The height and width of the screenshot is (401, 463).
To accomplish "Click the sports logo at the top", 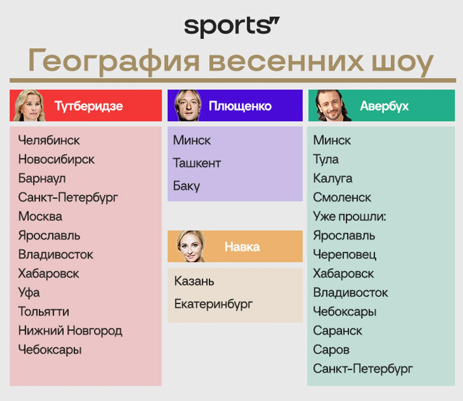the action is (232, 27).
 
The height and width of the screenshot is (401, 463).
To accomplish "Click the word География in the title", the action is (114, 62).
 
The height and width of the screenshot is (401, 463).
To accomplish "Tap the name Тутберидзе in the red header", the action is (88, 106).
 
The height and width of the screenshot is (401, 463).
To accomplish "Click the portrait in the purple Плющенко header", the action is (188, 105).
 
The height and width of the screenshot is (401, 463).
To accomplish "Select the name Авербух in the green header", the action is (384, 106).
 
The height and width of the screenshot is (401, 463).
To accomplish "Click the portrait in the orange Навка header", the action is (191, 246).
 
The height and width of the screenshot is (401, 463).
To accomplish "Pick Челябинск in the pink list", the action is (49, 140).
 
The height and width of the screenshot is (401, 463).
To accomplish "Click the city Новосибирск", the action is (56, 159).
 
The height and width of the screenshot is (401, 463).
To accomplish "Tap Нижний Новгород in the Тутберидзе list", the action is (70, 331).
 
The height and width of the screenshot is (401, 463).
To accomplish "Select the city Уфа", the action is (29, 293).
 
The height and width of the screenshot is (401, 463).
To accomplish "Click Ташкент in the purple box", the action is (197, 163).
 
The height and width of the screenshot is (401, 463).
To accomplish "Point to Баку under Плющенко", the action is (186, 186).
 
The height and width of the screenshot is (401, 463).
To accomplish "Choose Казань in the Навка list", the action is (194, 281).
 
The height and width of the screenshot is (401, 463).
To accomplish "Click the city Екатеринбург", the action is (213, 304).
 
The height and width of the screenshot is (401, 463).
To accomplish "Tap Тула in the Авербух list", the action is (326, 160).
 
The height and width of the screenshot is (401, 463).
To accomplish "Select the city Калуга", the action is (333, 179).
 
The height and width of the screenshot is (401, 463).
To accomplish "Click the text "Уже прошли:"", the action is (349, 217).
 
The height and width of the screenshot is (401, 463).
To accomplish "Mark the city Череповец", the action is (344, 255).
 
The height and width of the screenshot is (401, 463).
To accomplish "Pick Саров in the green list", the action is (331, 350).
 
